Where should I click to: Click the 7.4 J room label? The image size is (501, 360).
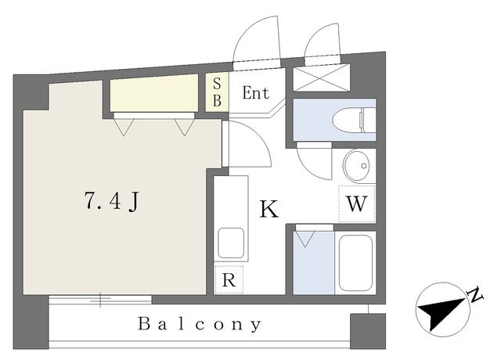click(111, 201)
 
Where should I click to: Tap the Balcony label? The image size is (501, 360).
click(200, 325)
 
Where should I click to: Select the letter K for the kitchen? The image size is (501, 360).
click(269, 209)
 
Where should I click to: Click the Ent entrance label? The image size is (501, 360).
click(256, 93)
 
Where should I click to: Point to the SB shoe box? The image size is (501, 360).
click(217, 92)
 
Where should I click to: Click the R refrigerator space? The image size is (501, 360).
click(229, 279)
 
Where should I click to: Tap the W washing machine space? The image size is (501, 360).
click(357, 203)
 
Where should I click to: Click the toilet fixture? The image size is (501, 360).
click(354, 121)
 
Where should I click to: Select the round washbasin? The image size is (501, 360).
click(356, 166)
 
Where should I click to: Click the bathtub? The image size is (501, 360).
click(355, 263)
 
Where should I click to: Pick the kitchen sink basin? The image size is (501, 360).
click(231, 243)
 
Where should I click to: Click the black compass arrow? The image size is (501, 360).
click(442, 311)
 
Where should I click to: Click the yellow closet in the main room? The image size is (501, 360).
click(154, 93)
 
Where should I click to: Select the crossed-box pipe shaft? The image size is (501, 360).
click(322, 77)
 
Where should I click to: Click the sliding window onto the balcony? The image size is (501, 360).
click(100, 300)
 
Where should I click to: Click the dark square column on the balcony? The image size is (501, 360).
click(368, 331)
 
